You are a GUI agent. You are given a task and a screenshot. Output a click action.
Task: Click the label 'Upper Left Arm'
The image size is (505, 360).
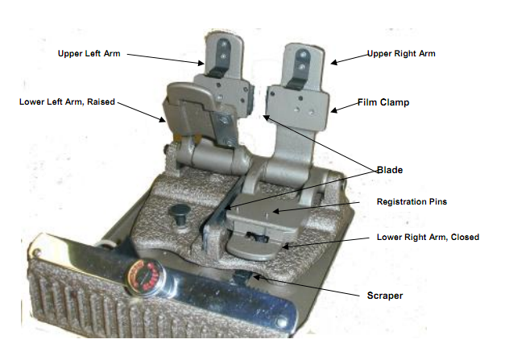pos(89,53)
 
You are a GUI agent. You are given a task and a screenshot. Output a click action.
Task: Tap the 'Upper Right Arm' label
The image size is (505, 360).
pos(401,53)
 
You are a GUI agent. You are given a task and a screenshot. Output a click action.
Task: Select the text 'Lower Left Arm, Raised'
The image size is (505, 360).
pos(67,101)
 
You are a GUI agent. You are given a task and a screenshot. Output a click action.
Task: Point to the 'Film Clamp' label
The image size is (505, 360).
pos(383,102)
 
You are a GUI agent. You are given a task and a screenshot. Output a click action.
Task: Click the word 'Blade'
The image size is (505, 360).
pos(390,170)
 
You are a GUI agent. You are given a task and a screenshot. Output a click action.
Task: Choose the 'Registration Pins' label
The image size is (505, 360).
pos(412,201)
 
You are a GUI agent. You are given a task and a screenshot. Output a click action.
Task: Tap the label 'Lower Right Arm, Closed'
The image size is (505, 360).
pos(428,237)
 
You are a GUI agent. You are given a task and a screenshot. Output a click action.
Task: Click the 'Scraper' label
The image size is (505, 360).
pos(385,296)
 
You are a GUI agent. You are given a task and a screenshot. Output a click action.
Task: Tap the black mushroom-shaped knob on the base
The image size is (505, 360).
pos(179,214)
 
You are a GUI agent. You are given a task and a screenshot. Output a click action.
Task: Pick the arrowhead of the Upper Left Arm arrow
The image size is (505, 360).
pos(201,63)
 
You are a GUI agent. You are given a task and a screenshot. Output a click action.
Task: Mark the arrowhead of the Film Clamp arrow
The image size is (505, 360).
pos(334,110)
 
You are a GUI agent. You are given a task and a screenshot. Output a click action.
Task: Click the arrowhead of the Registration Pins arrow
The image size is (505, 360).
pos(275,212)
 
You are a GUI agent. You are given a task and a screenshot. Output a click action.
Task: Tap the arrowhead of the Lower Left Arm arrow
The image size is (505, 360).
pos(162,119)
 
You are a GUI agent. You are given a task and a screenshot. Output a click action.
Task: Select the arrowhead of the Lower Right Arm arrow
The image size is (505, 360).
pos(285,246)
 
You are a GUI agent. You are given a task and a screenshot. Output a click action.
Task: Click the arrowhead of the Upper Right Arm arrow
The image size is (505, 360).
pos(334,63)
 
